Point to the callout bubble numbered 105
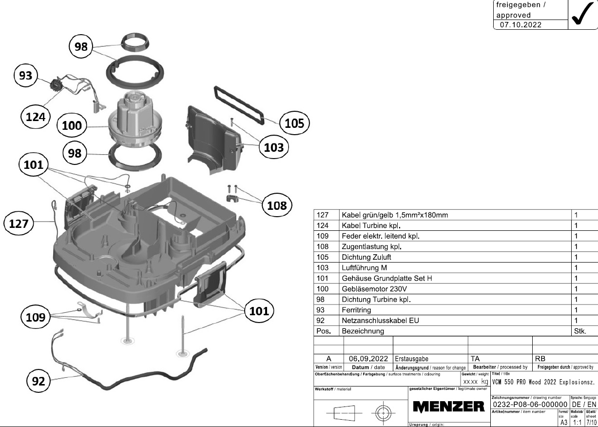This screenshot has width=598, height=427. tap(294, 123)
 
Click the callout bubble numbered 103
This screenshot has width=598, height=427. tap(273, 146)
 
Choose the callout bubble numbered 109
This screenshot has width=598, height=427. tap(36, 318)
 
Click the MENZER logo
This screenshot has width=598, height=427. tap(448, 406)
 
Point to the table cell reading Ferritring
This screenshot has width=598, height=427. tap(356, 310)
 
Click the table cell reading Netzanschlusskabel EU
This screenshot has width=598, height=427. tap(380, 321)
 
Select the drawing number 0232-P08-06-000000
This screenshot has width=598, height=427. tap(530, 405)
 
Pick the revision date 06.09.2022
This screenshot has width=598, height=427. tap(368, 358)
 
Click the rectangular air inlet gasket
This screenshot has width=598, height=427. tap(239, 103)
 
